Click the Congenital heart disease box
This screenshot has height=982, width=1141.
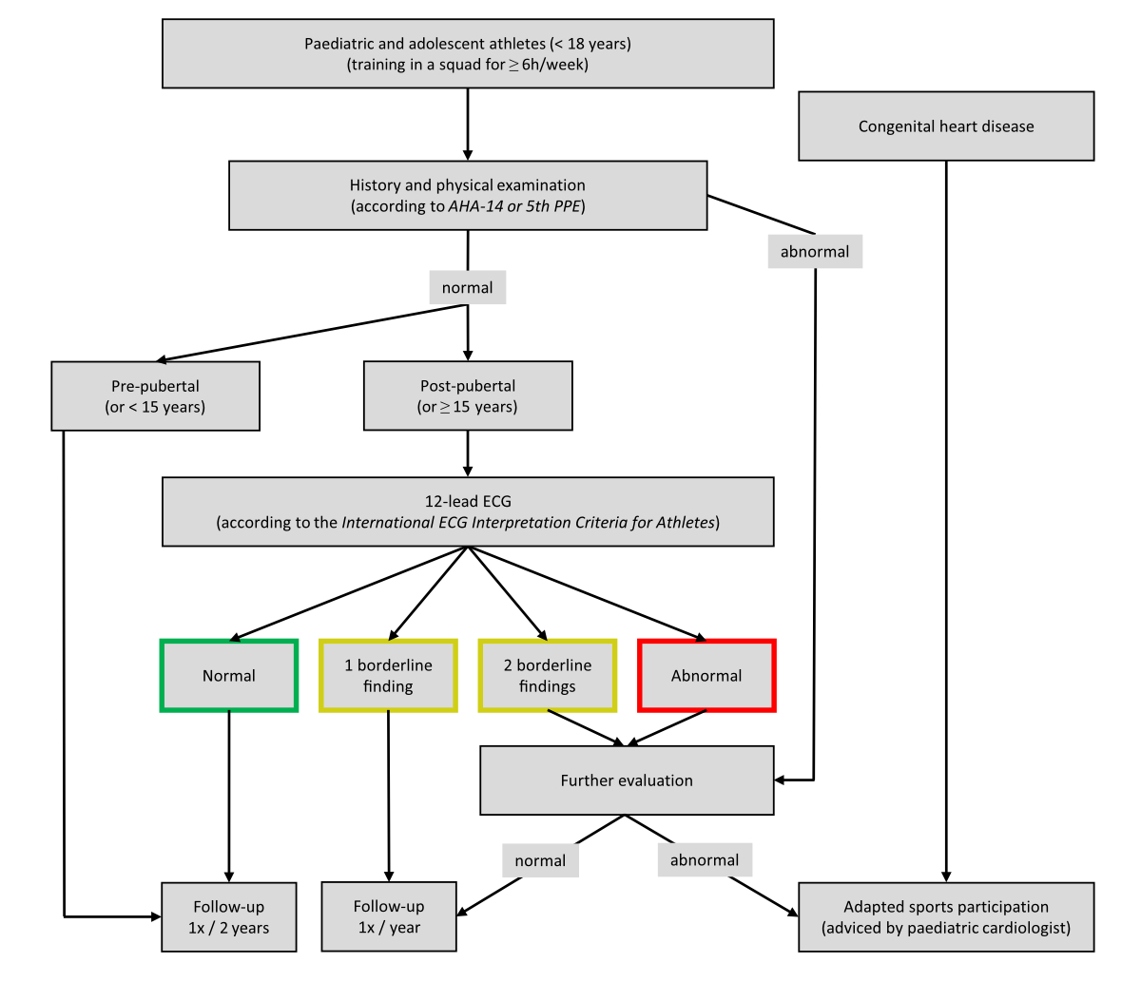click(946, 125)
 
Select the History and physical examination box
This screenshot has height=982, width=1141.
click(468, 195)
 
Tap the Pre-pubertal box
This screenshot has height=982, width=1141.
click(155, 396)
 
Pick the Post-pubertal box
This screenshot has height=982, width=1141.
click(468, 395)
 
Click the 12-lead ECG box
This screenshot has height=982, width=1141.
click(468, 511)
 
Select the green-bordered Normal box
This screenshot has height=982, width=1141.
click(229, 676)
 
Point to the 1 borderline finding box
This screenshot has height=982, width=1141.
click(388, 676)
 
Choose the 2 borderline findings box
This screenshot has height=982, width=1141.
click(548, 676)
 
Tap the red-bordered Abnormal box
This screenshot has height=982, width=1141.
click(706, 676)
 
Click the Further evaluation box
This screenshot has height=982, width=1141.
click(627, 780)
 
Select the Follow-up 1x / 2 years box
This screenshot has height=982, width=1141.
click(229, 917)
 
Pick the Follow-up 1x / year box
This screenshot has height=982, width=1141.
click(389, 916)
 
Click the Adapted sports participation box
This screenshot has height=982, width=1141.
click(946, 917)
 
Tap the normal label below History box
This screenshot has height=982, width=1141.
click(468, 287)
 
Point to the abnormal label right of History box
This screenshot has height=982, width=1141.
click(815, 252)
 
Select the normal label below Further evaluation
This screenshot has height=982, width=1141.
click(540, 860)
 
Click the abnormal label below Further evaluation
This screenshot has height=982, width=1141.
click(705, 860)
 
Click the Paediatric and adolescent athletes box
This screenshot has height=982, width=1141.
click(468, 54)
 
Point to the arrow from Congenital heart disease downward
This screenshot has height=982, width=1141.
click(946, 523)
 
